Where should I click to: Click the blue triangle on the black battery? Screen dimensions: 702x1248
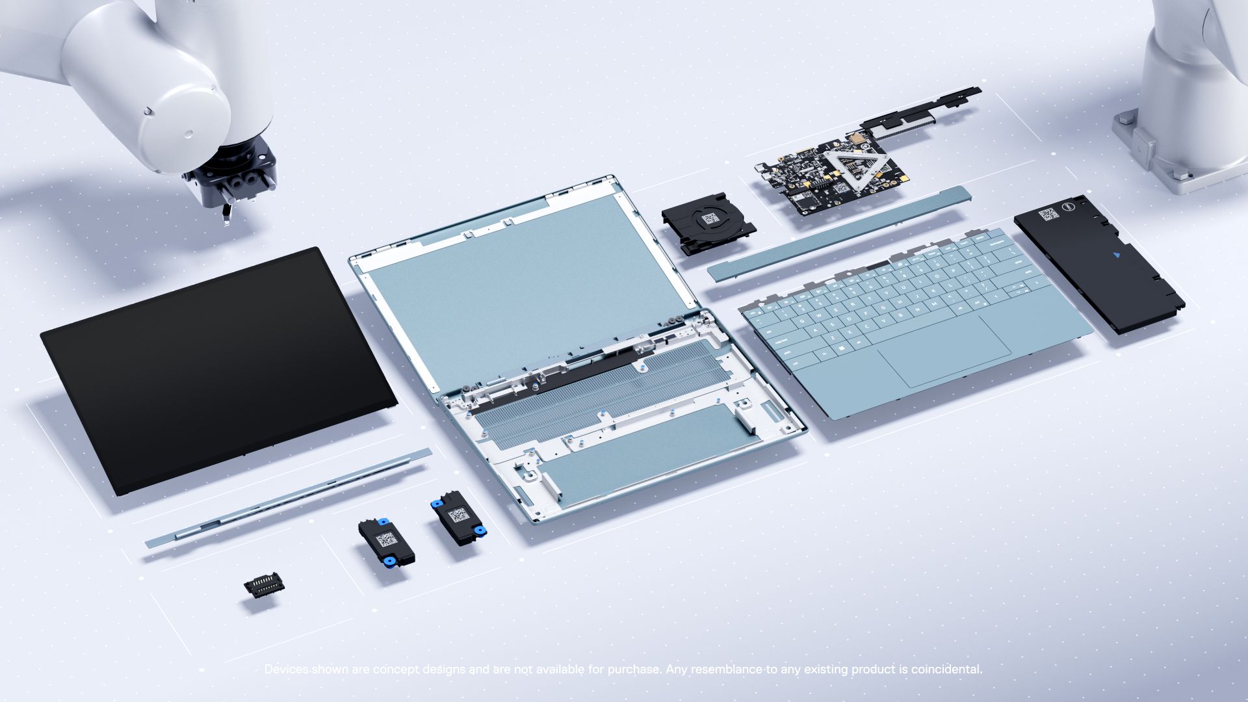(x=1117, y=255)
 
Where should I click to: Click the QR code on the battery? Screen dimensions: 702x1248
(x=1048, y=214)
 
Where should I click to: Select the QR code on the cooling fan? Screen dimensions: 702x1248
(x=710, y=218)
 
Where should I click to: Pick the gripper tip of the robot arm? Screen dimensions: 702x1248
(x=226, y=215)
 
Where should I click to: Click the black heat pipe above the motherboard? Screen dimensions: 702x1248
(x=923, y=110)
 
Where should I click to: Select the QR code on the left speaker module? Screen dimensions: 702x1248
(x=385, y=539)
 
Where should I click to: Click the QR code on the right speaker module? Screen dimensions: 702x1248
(x=459, y=515)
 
